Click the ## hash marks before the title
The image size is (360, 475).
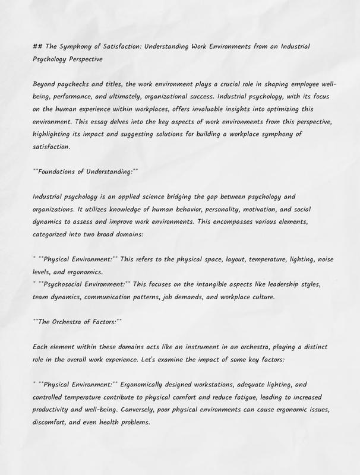(38, 46)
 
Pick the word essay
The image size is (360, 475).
(99, 122)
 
